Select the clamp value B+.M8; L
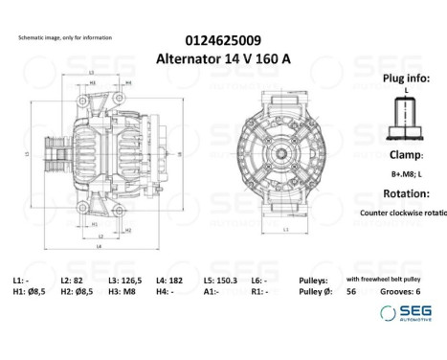point(406,174)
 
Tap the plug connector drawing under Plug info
point(406,118)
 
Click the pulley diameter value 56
point(351,291)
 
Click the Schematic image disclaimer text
point(65,37)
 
